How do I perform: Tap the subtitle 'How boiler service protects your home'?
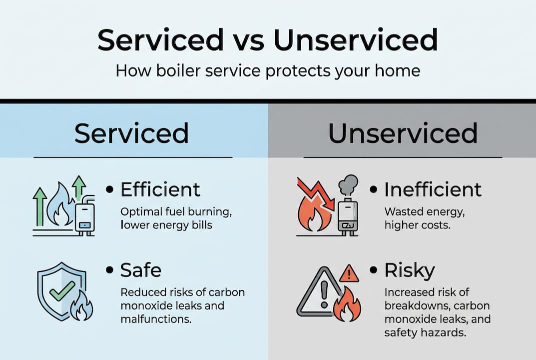point(268,71)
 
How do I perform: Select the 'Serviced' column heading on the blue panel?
point(131,133)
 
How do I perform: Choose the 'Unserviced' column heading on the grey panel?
point(403,133)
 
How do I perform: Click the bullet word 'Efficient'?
point(160,189)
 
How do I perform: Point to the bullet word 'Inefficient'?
point(433,189)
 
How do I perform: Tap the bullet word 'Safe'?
point(141,270)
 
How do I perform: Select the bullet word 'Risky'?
point(410,270)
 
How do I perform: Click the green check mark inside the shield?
point(62,290)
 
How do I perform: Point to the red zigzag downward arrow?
point(316,194)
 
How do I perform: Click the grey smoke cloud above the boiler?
point(348,185)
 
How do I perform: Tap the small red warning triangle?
point(349,273)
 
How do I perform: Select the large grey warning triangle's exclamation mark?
point(324,293)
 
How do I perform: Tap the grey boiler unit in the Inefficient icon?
point(348,217)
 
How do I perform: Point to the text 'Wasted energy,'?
point(425,212)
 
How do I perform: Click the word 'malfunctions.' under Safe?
point(156,319)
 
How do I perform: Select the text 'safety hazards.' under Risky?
point(425,332)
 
